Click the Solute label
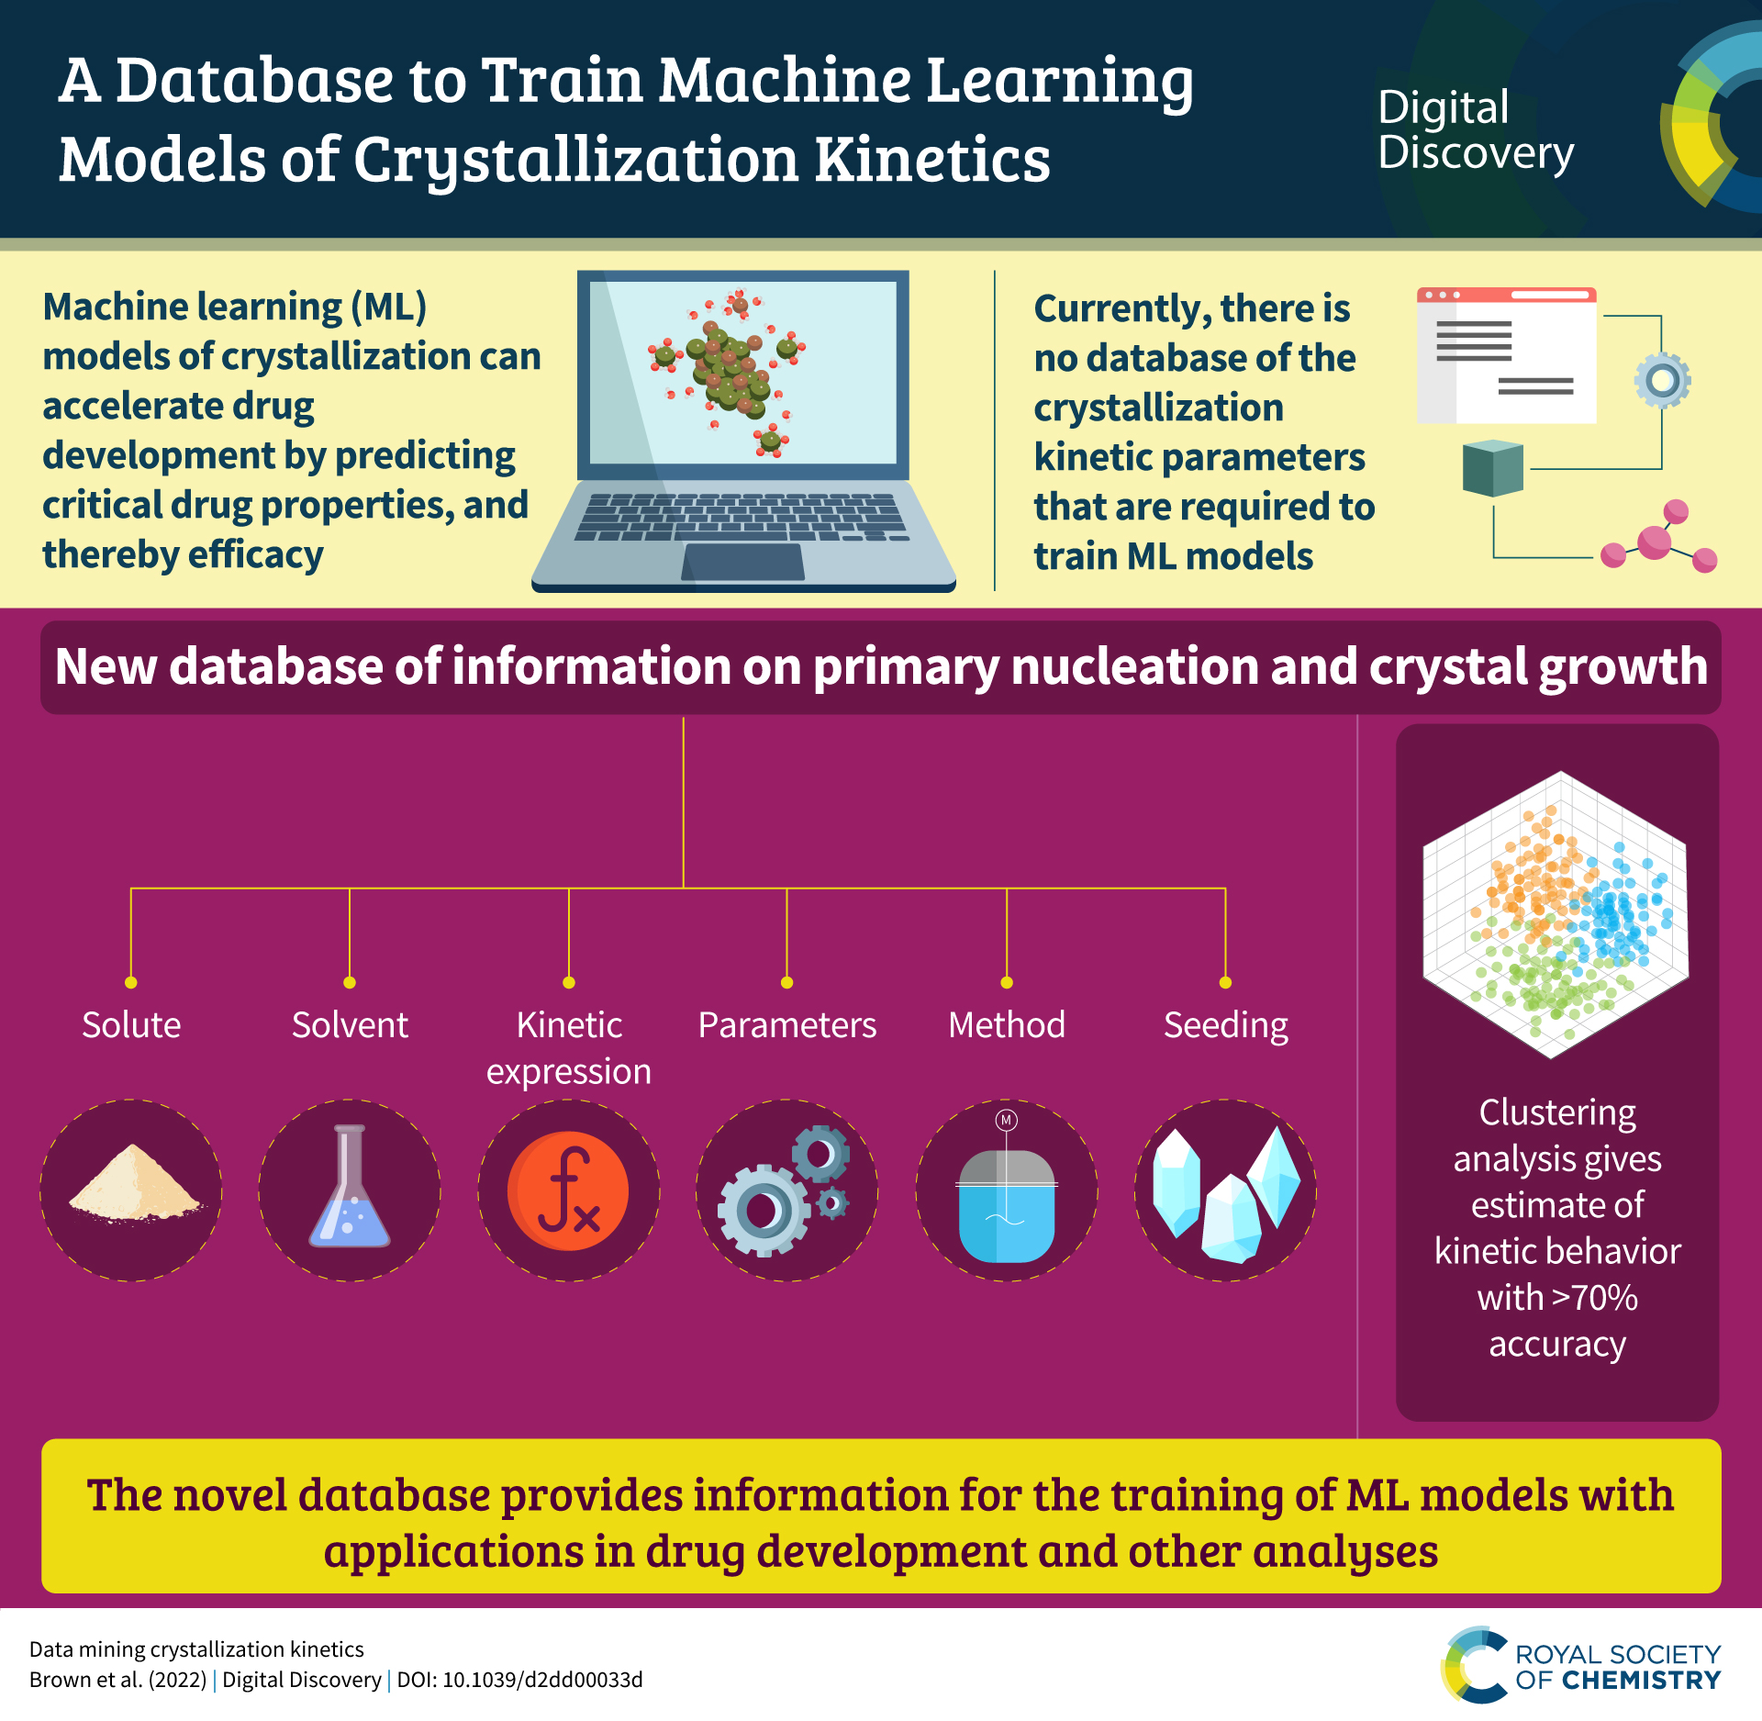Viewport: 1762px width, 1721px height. (x=131, y=1024)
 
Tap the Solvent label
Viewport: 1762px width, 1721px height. (x=350, y=1024)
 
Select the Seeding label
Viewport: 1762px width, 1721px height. (x=1225, y=1024)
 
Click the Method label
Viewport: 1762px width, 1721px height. (x=1007, y=1024)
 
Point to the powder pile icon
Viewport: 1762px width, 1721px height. (x=134, y=1186)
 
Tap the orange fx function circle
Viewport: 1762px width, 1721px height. (x=568, y=1190)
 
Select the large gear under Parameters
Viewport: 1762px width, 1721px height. (x=764, y=1210)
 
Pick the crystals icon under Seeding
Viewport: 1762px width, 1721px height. (x=1225, y=1193)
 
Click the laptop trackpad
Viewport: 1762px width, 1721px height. (x=743, y=562)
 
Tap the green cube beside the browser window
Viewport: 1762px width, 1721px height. (x=1492, y=468)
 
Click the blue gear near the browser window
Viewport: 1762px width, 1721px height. (x=1662, y=380)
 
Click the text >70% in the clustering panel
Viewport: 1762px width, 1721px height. (x=1594, y=1298)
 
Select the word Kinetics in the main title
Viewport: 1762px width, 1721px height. (x=932, y=160)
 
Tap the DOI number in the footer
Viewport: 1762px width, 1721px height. (x=542, y=1680)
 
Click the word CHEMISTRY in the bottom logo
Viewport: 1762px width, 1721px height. (x=1641, y=1681)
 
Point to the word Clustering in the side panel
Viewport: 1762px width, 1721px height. (x=1557, y=1112)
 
